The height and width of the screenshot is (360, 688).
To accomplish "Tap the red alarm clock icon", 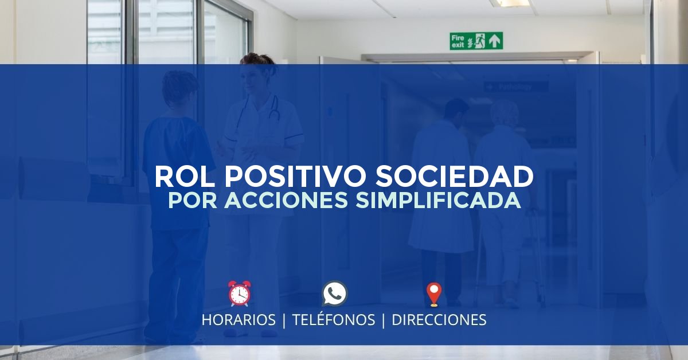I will click(x=239, y=294).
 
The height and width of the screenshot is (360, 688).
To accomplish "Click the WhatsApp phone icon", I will click(x=335, y=294).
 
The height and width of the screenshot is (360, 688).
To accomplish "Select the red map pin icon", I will click(x=433, y=294).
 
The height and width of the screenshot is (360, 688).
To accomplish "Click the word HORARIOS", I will click(x=239, y=320).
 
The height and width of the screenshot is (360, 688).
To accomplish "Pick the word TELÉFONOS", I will click(x=334, y=320).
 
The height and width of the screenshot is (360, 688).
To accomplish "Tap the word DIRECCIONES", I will click(x=439, y=320).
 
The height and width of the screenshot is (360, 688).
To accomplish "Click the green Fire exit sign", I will click(x=476, y=41).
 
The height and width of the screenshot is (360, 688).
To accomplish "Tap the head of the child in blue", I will click(x=179, y=89).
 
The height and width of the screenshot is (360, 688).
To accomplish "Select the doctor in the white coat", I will click(x=441, y=189).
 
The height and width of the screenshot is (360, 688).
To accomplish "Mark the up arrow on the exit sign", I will click(x=495, y=41).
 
